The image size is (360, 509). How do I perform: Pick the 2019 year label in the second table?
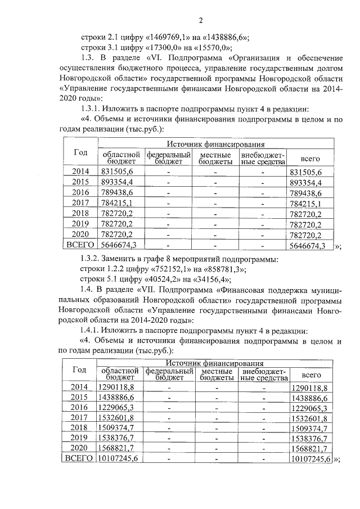[x=80, y=436]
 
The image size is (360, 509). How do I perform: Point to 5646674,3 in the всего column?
[x=307, y=245]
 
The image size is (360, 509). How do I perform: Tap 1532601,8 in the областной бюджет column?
[x=115, y=417]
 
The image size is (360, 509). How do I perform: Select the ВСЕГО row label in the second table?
[x=79, y=458]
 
